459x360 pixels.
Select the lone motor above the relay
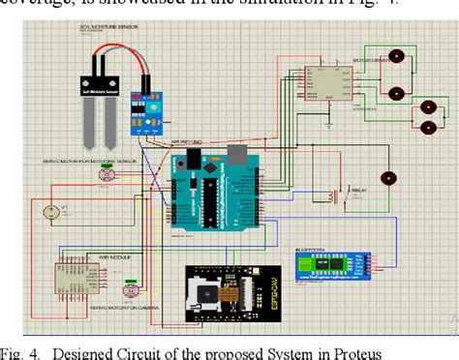(388, 178)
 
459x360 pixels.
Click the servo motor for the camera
(129, 289)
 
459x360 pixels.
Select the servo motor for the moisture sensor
(107, 174)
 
